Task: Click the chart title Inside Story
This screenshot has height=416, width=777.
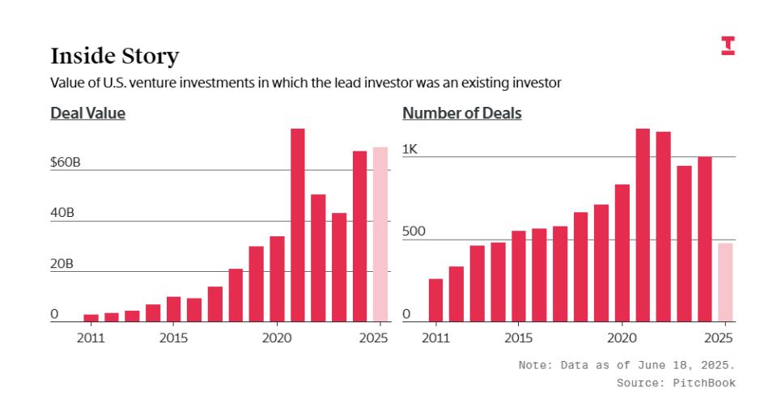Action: [114, 56]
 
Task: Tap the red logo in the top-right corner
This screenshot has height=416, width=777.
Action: [728, 46]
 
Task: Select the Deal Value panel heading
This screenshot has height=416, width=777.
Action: [87, 113]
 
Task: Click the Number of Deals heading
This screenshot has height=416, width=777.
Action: [461, 113]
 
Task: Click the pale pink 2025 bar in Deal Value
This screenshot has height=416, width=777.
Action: [380, 235]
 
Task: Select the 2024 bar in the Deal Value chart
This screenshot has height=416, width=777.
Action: [359, 236]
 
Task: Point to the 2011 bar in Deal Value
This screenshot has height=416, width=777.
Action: [91, 317]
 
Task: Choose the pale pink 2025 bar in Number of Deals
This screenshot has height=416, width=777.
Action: [725, 282]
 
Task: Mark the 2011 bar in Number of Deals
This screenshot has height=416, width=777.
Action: [435, 300]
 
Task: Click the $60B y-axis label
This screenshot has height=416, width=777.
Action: [66, 162]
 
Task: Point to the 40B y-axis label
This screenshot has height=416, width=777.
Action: [62, 213]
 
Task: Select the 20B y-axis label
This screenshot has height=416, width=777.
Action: [62, 264]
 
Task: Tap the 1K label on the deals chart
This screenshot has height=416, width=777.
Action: [410, 149]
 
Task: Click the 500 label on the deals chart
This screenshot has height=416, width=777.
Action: [414, 232]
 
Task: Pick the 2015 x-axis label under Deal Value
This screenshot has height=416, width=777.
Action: [173, 337]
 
